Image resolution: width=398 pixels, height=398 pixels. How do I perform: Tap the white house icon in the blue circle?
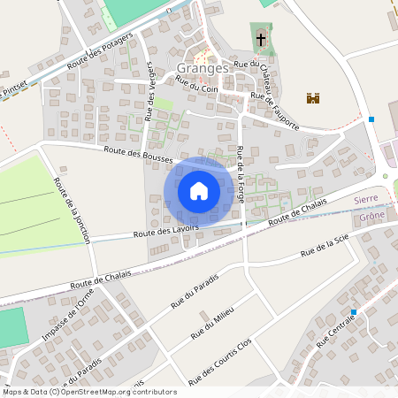[199, 191]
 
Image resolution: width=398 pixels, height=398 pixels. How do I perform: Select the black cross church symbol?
[261, 40]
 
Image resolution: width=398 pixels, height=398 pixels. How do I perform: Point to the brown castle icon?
[312, 98]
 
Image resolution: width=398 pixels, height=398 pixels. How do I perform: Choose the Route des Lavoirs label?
[166, 232]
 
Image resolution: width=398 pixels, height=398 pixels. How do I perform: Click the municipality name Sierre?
[366, 201]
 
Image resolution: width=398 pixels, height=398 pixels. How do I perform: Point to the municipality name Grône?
[372, 215]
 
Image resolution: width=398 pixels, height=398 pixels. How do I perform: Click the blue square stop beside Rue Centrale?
[353, 312]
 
